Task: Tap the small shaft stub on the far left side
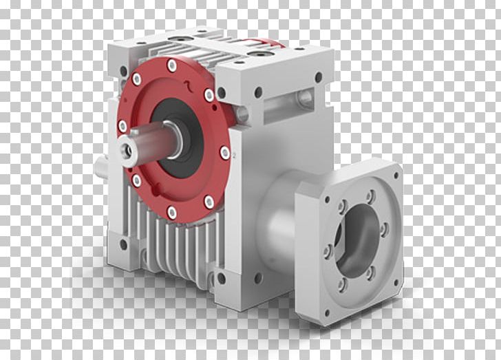tap(100, 165)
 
